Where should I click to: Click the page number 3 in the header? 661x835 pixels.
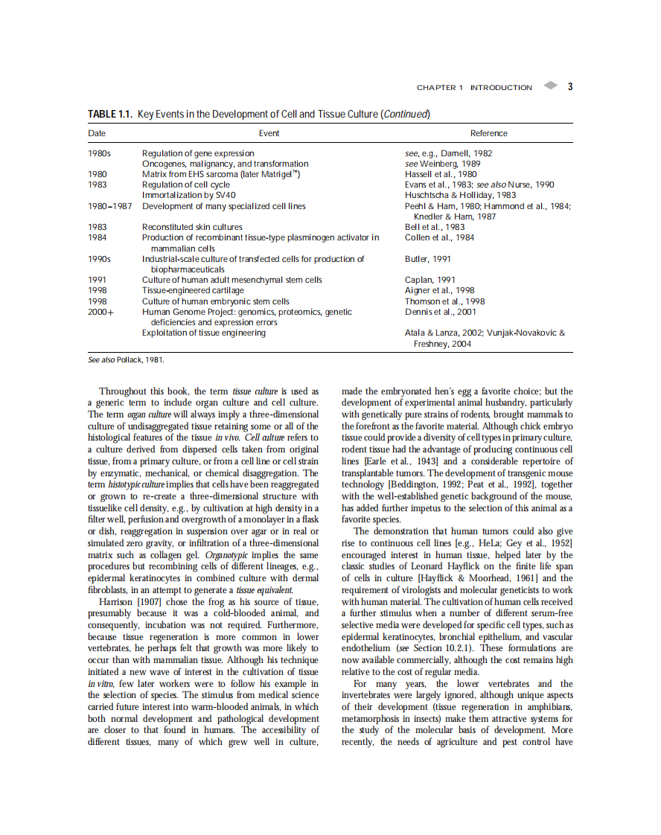click(569, 86)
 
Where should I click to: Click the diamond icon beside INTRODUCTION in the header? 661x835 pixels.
click(549, 86)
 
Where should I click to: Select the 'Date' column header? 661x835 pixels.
click(97, 133)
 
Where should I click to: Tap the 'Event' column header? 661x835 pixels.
click(269, 133)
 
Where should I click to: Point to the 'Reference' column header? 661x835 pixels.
click(488, 133)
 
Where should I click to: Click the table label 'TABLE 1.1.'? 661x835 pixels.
click(110, 114)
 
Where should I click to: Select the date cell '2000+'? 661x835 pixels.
click(100, 312)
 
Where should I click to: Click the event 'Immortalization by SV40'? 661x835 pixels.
click(188, 195)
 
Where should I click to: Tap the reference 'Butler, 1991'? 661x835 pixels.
click(428, 259)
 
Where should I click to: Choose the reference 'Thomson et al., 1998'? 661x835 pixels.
click(444, 301)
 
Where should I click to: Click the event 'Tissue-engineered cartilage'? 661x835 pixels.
click(193, 290)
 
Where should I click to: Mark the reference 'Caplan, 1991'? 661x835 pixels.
click(430, 280)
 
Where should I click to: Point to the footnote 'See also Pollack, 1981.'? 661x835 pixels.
click(126, 359)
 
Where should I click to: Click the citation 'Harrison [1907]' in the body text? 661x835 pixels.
click(130, 601)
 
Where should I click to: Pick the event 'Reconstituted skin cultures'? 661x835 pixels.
click(192, 227)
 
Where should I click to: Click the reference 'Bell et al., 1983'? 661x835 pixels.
click(435, 227)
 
